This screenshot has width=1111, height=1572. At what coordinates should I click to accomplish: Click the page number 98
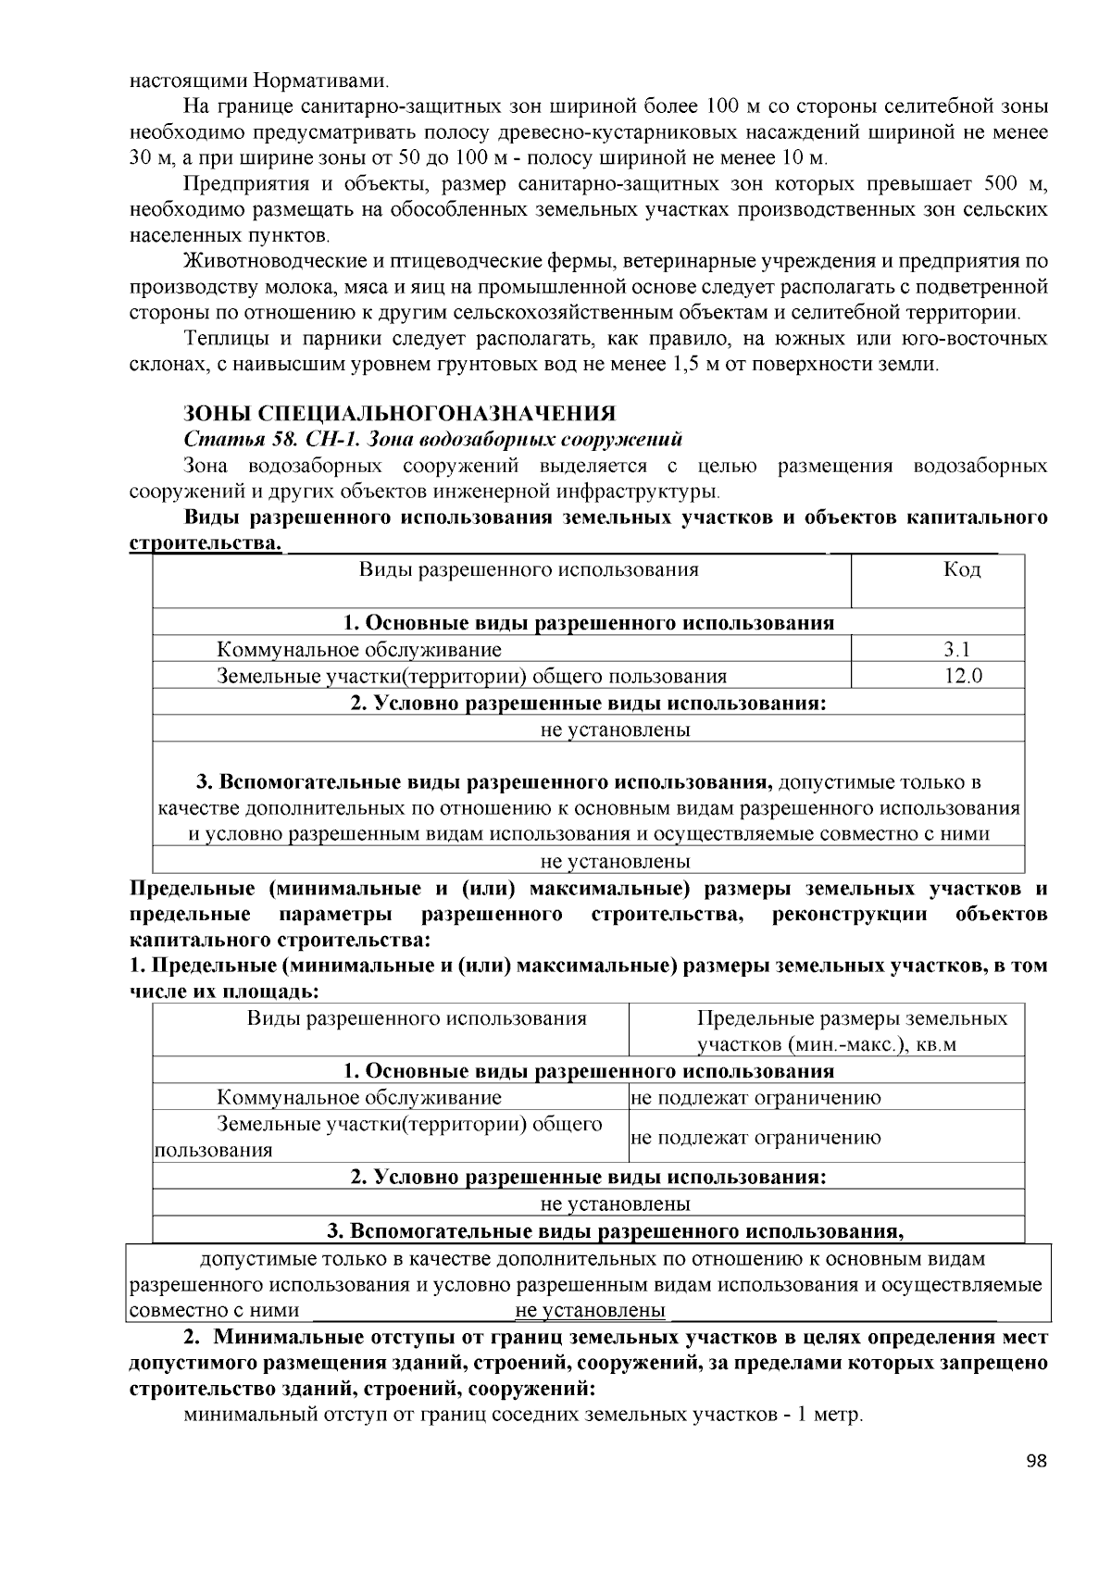point(1036,1462)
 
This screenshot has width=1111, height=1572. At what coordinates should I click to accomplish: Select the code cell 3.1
point(962,650)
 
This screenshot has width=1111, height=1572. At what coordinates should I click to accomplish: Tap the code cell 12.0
point(962,677)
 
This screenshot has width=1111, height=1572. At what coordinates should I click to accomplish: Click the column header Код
point(962,569)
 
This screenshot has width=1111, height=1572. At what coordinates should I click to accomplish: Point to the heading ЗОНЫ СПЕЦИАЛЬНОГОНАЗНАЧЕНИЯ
point(399,413)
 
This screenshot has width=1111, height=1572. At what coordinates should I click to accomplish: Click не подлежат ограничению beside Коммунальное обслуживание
point(755,1098)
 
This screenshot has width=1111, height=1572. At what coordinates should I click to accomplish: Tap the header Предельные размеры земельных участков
point(852,1031)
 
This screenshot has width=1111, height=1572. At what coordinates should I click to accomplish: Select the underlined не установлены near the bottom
point(590,1311)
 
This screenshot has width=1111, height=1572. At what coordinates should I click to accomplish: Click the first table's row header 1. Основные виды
point(588,623)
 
